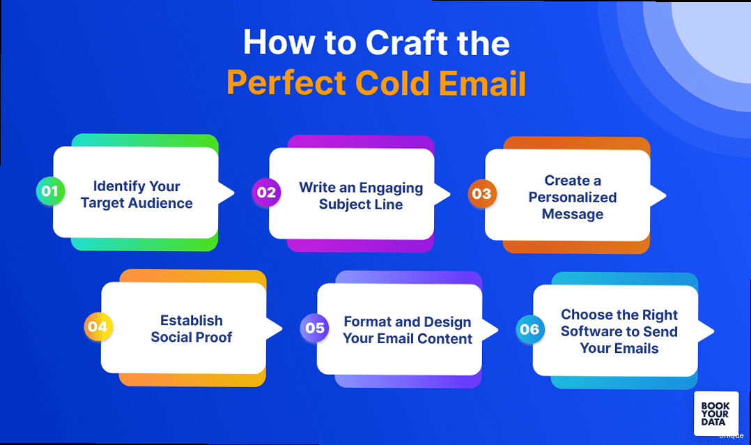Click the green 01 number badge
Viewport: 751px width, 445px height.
pos(50,191)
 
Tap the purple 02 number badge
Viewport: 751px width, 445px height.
pos(266,193)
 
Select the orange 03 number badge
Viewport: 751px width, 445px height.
pos(482,194)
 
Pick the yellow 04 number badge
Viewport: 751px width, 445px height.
pos(98,326)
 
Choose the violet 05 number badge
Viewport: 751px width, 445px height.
pos(315,328)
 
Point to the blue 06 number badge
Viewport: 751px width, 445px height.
pos(529,329)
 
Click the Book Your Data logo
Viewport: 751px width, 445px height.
pos(716,414)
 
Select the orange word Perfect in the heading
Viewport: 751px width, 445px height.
pos(286,83)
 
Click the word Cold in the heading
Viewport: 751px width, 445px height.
pos(392,83)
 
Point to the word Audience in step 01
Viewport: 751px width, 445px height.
pos(161,204)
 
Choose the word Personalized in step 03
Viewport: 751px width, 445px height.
pos(573,197)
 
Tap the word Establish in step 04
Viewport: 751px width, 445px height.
pos(192,320)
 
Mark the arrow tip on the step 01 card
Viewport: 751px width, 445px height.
pos(234,193)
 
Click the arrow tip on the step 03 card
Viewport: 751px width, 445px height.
pos(666,195)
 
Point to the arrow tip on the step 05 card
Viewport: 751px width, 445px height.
pos(498,330)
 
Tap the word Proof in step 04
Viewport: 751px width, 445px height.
pos(214,337)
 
